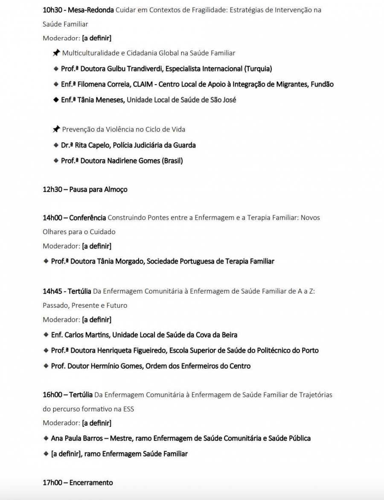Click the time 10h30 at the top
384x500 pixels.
pos(52,10)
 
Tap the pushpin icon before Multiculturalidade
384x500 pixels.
pos(56,53)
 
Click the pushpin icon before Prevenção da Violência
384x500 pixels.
pos(56,129)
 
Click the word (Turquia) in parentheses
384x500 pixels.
pos(258,69)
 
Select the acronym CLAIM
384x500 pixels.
pos(144,84)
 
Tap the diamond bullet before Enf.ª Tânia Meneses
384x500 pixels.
pos(56,100)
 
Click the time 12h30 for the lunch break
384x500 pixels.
pos(52,189)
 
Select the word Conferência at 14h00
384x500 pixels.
pos(87,218)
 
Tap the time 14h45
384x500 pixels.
pos(52,291)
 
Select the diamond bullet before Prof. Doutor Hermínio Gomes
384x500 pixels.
pos(46,366)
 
